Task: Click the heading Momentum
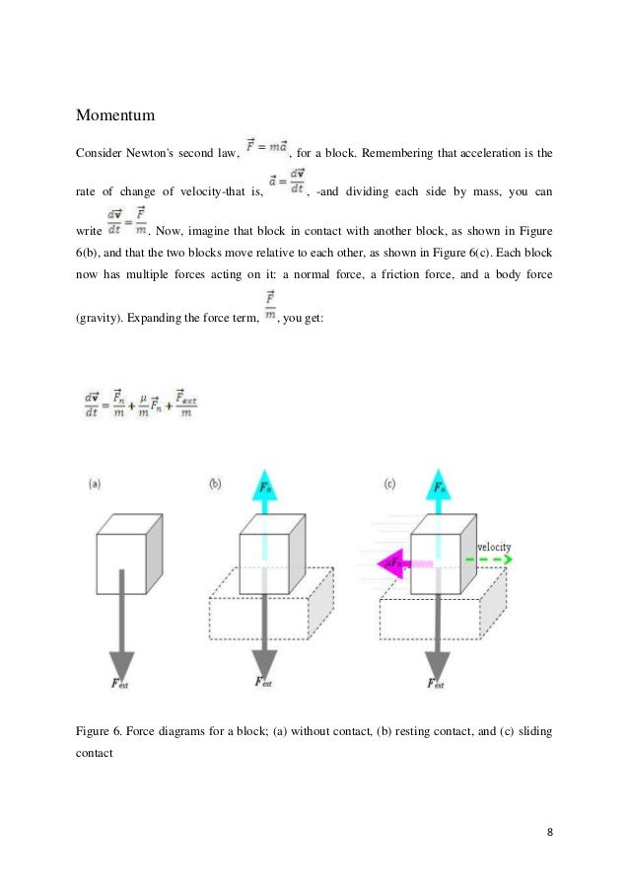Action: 116,117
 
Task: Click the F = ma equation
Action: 262,151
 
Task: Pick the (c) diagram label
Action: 392,483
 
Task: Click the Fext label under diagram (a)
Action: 119,682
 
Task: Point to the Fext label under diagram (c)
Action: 435,682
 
